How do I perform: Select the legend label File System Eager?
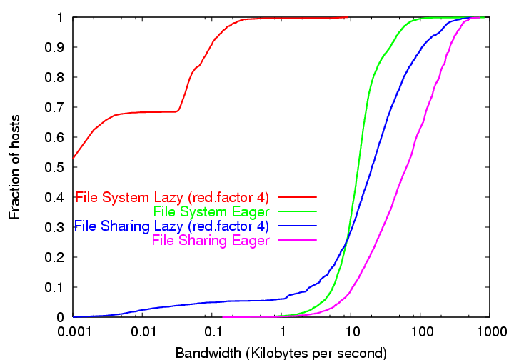[211, 211]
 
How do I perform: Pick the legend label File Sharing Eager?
[211, 241]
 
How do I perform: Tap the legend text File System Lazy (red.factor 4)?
[172, 196]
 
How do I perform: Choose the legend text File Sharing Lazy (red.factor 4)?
[171, 226]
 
